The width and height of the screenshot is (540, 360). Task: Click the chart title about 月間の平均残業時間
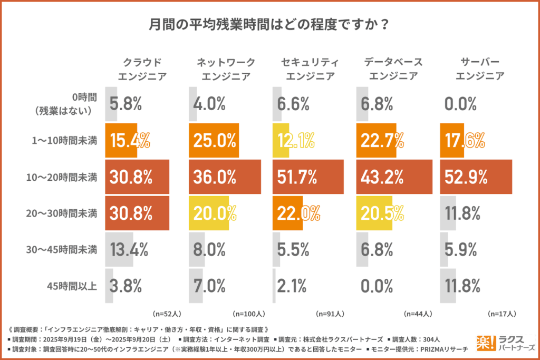click(269, 25)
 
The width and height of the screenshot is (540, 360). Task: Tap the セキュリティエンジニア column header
click(310, 69)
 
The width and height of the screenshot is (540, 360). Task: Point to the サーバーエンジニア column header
click(479, 69)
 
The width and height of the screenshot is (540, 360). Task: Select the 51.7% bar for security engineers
click(308, 177)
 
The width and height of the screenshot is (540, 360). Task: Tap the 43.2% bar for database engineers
click(392, 177)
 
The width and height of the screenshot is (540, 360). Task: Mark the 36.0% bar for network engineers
click(225, 177)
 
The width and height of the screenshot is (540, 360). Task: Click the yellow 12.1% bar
click(281, 141)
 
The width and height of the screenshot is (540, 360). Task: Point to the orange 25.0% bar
click(214, 141)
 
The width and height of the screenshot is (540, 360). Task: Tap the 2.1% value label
click(292, 287)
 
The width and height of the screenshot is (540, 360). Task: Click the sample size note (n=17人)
click(500, 314)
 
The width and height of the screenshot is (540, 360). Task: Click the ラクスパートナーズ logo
click(505, 342)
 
